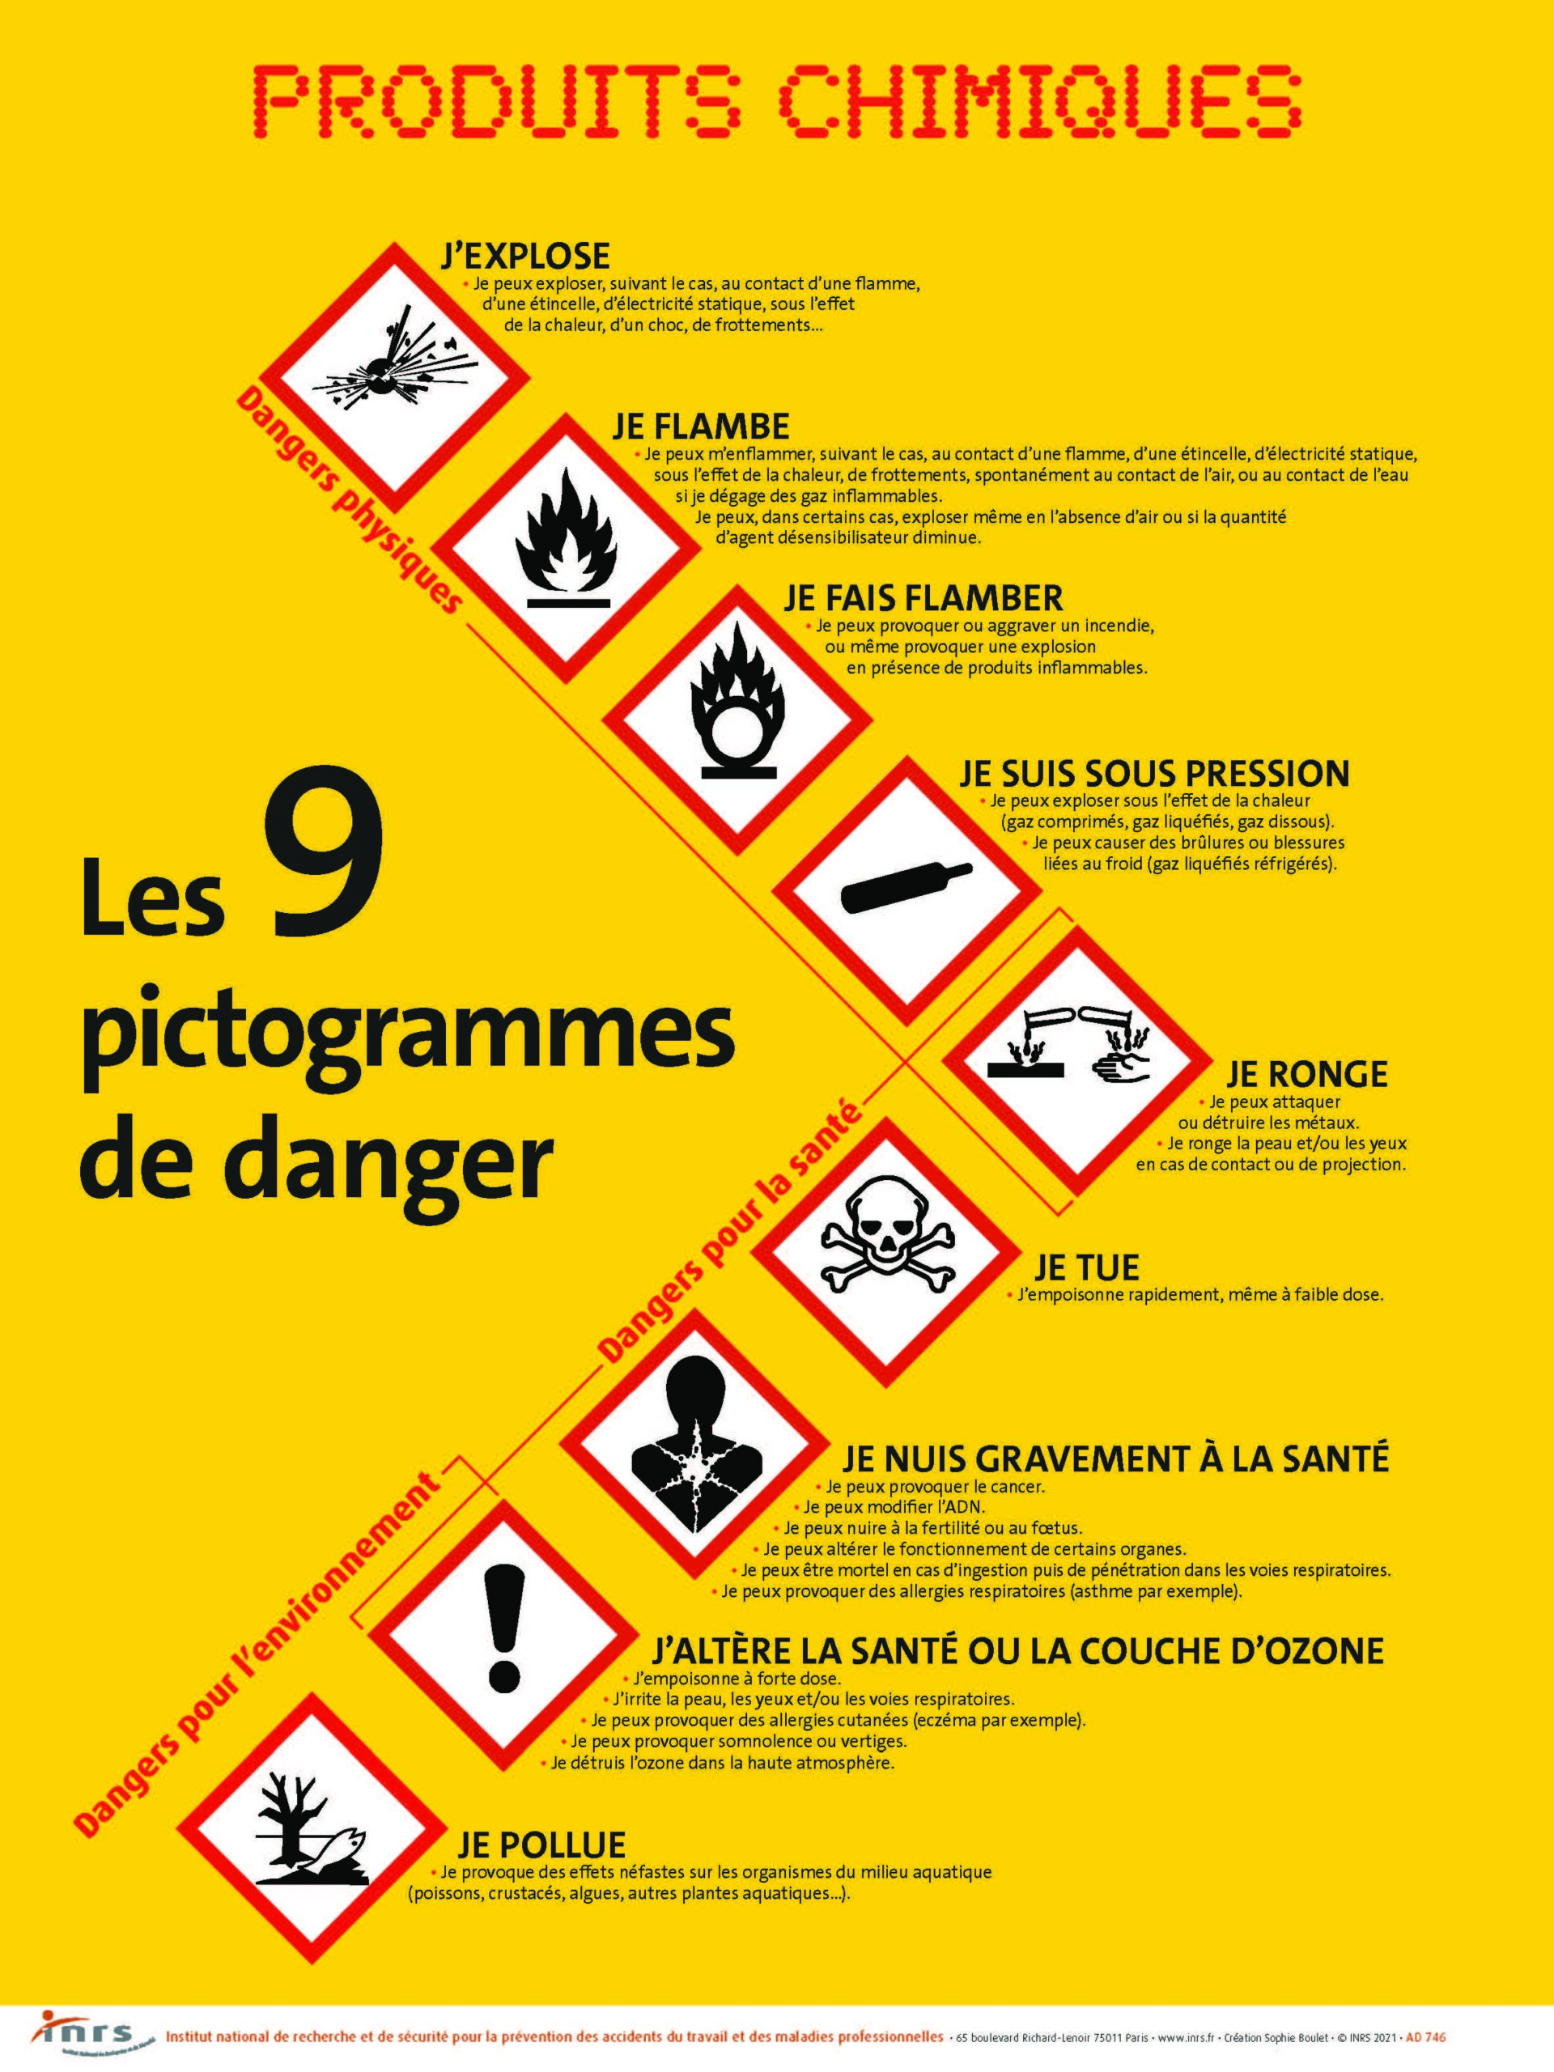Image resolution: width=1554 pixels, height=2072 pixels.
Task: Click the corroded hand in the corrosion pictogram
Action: tap(1124, 1064)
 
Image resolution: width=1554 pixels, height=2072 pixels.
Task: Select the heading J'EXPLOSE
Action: tap(525, 255)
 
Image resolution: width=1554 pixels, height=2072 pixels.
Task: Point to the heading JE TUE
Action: tap(1086, 1267)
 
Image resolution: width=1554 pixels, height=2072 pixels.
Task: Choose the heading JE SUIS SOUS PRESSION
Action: tap(1154, 774)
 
